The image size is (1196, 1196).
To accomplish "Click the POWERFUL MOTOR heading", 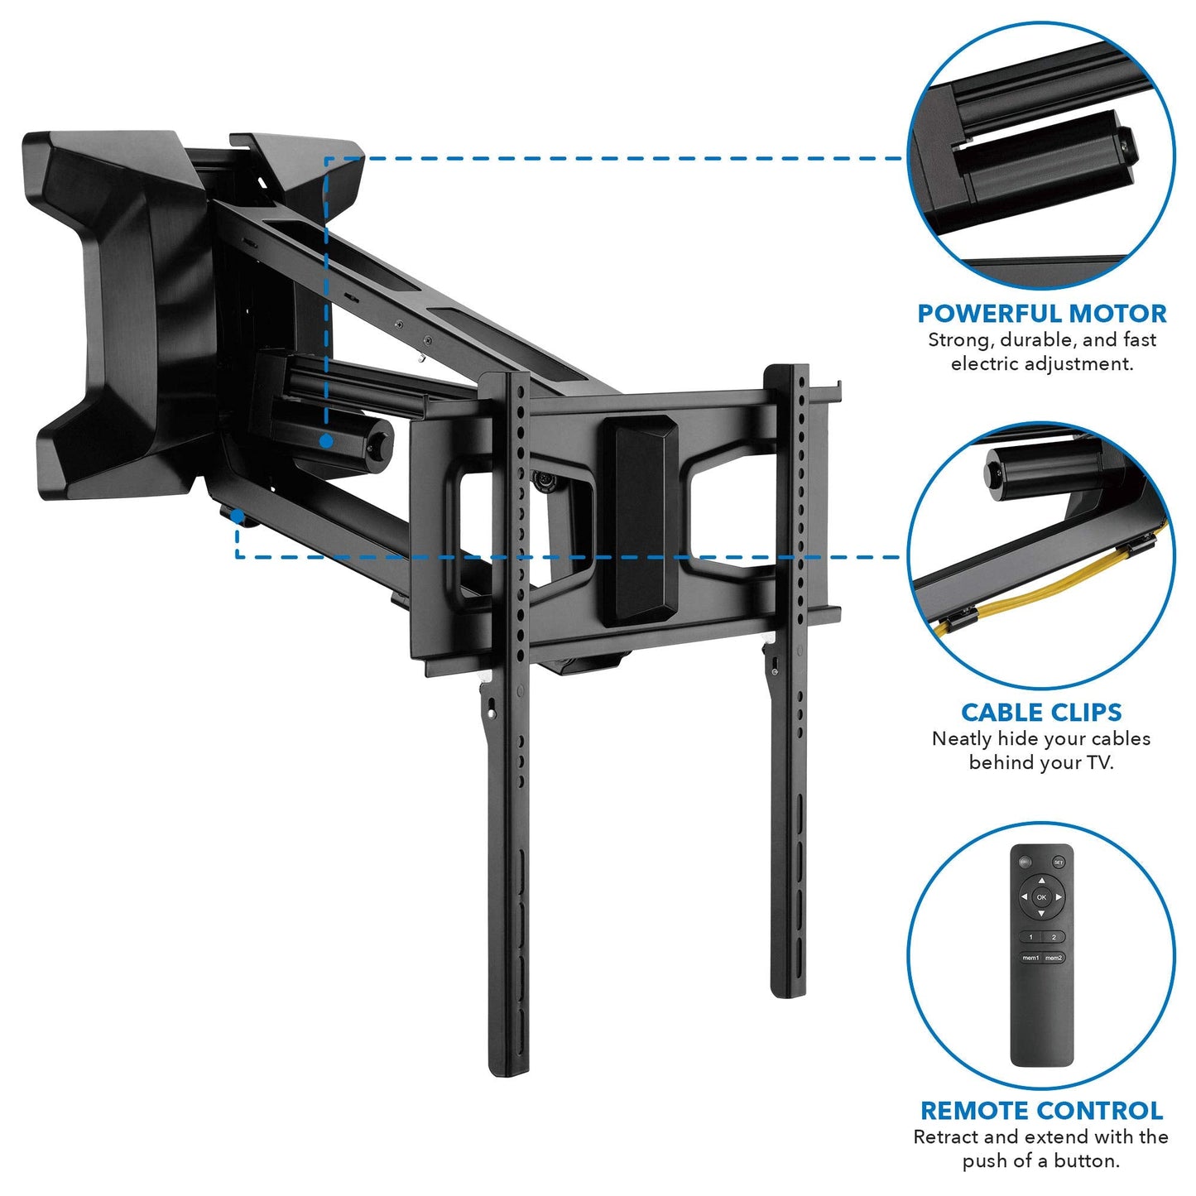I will [x=1041, y=314].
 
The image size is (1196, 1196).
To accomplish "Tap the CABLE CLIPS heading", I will [x=1041, y=712].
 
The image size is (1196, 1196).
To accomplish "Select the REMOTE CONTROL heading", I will [x=1041, y=1110].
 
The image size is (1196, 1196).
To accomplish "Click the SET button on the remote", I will [x=1059, y=862].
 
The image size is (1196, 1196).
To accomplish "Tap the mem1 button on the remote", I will [x=1030, y=958].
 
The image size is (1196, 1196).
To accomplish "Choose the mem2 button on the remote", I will [x=1054, y=958].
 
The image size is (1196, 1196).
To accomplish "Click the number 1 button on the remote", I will [x=1030, y=937].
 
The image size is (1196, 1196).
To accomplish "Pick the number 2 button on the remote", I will [x=1054, y=937].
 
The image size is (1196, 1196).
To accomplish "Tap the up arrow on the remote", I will [x=1042, y=881].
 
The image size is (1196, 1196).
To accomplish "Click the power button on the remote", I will [x=1026, y=862].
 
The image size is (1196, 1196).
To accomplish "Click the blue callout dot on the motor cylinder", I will [x=327, y=441].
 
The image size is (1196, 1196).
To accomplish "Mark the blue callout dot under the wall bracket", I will [x=238, y=516].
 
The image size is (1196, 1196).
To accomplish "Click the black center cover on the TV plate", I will [x=638, y=520].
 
